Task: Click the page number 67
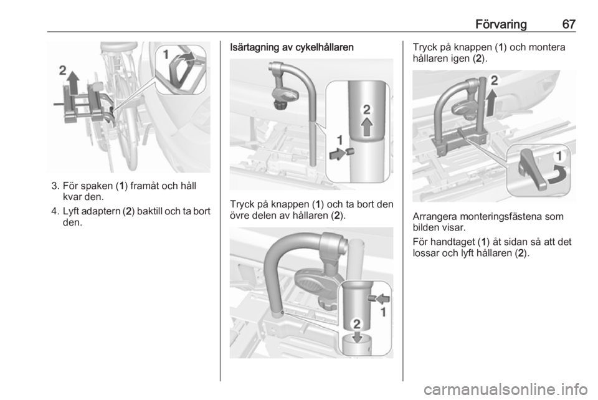click(x=569, y=24)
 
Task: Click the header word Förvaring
click(x=501, y=24)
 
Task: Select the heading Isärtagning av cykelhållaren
click(x=292, y=47)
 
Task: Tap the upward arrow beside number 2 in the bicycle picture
click(x=74, y=83)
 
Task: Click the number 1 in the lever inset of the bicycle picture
click(x=166, y=55)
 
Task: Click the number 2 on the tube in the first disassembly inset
click(x=366, y=110)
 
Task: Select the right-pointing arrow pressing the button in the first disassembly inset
click(x=337, y=154)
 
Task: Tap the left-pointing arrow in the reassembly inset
click(x=381, y=299)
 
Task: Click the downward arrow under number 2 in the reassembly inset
click(x=356, y=336)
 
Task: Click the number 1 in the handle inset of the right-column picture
click(x=559, y=156)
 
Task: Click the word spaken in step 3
click(x=97, y=186)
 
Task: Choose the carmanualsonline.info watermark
click(x=505, y=389)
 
